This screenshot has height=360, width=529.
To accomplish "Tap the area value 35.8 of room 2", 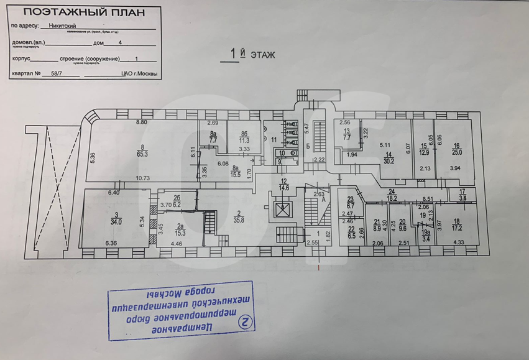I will (x=239, y=218).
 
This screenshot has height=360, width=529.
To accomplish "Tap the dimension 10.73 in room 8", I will (x=144, y=178).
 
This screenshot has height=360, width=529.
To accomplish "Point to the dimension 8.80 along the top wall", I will (x=142, y=122).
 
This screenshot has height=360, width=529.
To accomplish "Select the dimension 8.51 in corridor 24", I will (x=427, y=199).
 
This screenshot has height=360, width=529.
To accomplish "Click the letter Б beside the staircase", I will (x=308, y=145).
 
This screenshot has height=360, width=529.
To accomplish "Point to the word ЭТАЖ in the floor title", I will (x=262, y=55).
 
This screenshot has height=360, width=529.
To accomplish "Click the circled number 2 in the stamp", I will (x=247, y=321).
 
